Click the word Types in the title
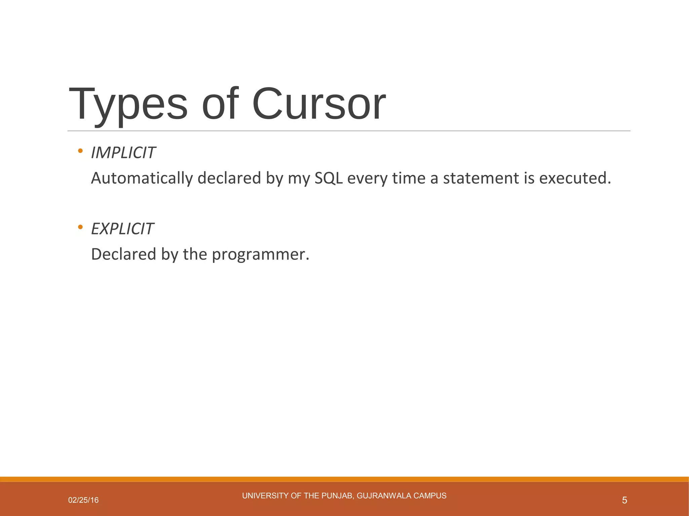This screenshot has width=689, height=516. (128, 104)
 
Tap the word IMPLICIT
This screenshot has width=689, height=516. (123, 153)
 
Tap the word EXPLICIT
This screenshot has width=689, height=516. (122, 229)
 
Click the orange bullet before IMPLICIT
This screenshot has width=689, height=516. (80, 151)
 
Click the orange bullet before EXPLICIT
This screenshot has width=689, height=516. (80, 227)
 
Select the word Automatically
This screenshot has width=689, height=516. (142, 178)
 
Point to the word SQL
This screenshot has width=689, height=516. (328, 178)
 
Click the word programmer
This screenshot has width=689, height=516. (260, 254)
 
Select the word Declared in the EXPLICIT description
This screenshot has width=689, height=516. (123, 254)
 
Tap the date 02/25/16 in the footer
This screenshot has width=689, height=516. (83, 500)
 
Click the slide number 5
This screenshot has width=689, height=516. (624, 500)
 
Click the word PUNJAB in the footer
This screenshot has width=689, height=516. (337, 496)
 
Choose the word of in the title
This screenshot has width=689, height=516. (220, 104)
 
